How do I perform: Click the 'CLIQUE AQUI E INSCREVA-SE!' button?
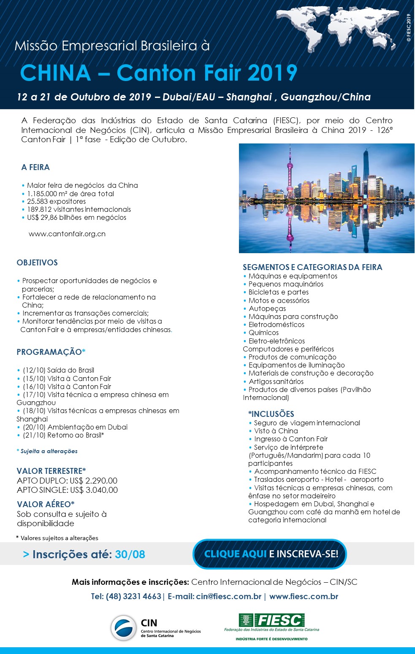270,554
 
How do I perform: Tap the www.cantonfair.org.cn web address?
67,234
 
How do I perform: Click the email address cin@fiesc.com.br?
228,597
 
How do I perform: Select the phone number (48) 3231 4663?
133,597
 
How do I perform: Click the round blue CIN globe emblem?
123,628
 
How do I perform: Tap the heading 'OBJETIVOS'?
37,262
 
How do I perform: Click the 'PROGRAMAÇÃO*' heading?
51,352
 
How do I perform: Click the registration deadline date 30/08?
130,554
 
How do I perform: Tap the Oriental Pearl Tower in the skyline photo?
290,177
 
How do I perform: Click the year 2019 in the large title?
272,73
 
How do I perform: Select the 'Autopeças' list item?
267,308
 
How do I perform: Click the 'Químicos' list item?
263,332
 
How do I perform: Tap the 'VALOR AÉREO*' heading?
46,504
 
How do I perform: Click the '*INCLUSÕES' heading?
271,414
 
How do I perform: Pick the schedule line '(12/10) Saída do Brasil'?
58,370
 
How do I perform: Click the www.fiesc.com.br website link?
304,597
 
